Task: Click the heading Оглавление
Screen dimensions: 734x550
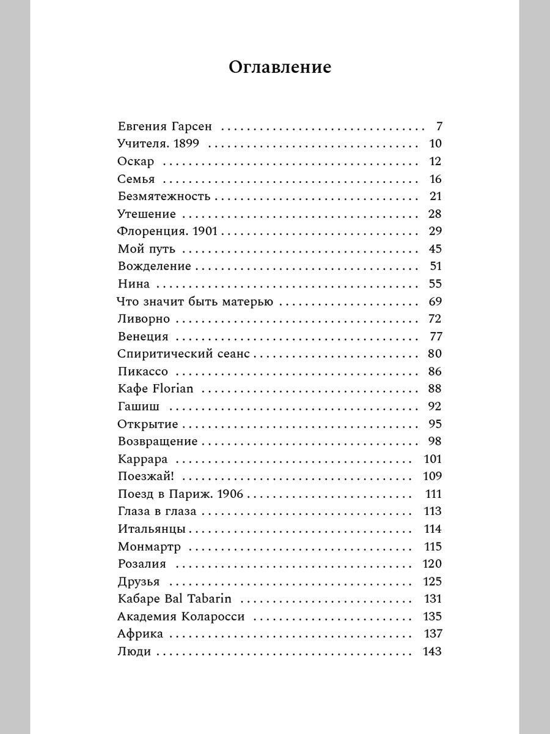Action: click(x=280, y=67)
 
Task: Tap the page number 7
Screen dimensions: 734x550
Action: click(x=438, y=127)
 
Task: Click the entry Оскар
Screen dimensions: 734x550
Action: click(x=135, y=162)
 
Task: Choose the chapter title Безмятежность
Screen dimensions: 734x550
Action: click(x=163, y=196)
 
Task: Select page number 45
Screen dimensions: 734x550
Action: click(x=435, y=249)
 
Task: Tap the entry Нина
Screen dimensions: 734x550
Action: click(x=133, y=284)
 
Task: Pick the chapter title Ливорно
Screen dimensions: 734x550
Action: click(x=143, y=319)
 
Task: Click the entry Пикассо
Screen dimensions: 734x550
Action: click(x=142, y=371)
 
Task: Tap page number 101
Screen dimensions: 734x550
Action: click(x=432, y=459)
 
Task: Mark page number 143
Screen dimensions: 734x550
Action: click(x=432, y=651)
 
